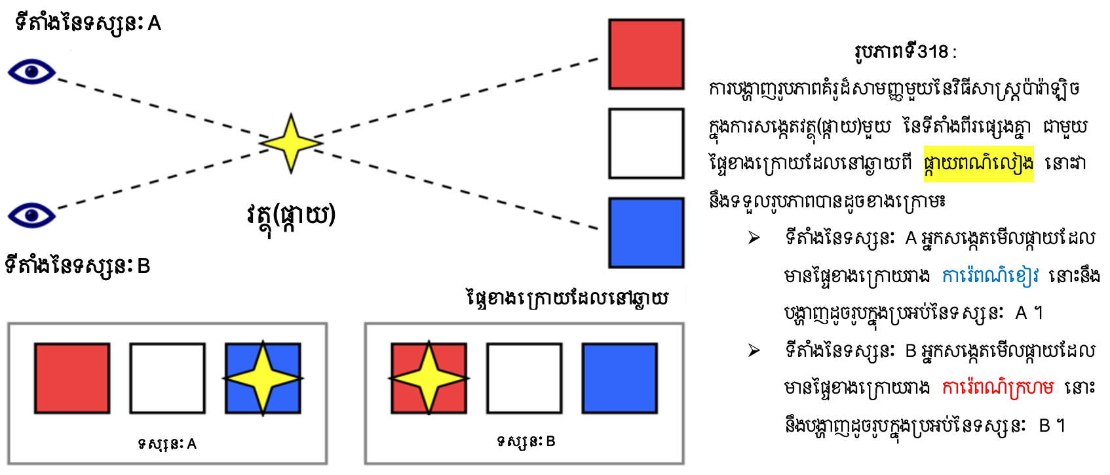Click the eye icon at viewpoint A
point(31,72)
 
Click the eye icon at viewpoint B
point(31,215)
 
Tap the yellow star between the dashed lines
point(290,143)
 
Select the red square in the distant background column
point(645,54)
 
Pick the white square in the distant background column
point(645,143)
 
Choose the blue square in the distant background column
point(645,232)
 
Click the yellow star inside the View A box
point(263,379)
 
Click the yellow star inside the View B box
point(429,379)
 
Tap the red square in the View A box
point(72,379)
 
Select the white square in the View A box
point(167,379)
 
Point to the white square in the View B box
point(524,379)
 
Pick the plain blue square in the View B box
point(619,379)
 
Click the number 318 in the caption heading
point(932,51)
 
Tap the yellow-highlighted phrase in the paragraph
point(978,163)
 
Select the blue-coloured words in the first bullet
point(989,276)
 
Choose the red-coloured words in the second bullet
point(997,388)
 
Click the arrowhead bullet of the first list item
point(754,237)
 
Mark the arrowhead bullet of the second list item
point(754,351)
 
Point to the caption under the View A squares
point(167,444)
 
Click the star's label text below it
point(291,215)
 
